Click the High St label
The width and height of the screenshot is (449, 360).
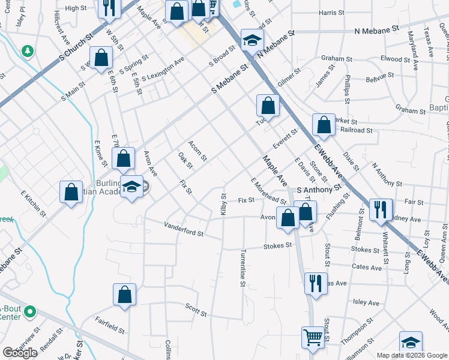76,8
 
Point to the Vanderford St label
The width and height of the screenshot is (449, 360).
184,229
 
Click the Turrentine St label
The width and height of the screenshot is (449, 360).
243,268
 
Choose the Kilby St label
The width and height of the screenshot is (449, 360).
223,205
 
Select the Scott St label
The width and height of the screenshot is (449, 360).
196,310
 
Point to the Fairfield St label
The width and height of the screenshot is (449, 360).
109,326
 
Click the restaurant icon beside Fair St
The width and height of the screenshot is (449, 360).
381,209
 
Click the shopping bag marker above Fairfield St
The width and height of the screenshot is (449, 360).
124,294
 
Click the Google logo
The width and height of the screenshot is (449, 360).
20,352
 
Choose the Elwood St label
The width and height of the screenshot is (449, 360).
395,59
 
